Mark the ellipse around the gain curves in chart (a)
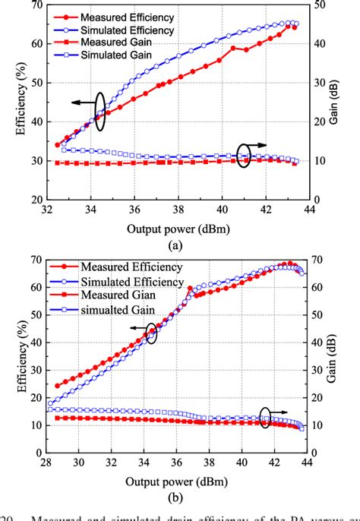(x=243, y=157)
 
